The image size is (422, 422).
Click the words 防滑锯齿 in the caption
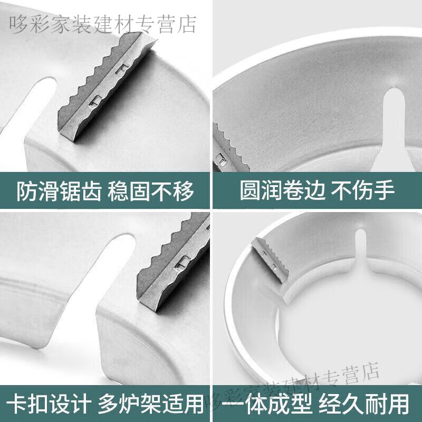tap(59, 191)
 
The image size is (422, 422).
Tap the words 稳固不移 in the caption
tap(151, 191)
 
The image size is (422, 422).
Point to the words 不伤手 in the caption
tap(363, 190)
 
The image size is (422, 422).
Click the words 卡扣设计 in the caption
tap(49, 404)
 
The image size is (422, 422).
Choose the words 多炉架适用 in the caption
tap(151, 404)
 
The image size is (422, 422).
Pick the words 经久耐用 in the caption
tap(364, 404)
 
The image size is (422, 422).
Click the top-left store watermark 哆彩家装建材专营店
tap(103, 24)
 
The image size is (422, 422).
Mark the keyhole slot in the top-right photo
tap(395, 127)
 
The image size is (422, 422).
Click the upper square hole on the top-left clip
tap(122, 69)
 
